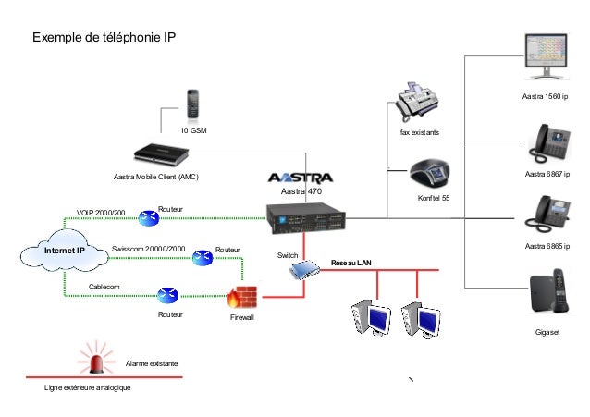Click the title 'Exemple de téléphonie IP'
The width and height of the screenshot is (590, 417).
pos(104,38)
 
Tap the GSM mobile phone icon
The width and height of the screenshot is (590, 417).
pos(193,105)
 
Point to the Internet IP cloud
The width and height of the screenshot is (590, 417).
pos(64,251)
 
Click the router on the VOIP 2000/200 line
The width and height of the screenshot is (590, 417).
pos(148,218)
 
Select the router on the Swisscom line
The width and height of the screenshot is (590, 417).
pos(202,257)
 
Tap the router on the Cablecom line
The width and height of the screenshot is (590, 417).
pos(167,295)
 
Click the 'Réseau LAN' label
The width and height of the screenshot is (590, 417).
pos(350,264)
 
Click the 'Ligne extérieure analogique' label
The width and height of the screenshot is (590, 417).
pos(88,389)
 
